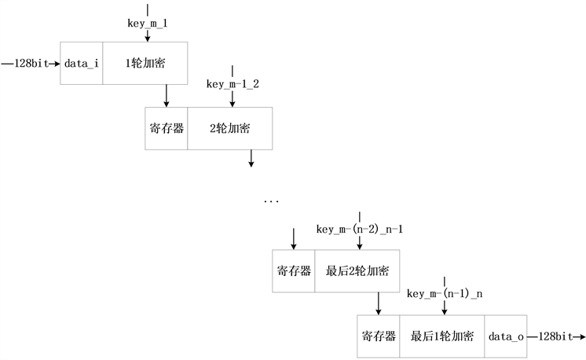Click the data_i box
click(x=82, y=63)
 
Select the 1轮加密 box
click(x=145, y=63)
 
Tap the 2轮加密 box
click(x=229, y=127)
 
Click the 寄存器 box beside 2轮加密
click(x=167, y=127)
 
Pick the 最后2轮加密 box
click(x=357, y=271)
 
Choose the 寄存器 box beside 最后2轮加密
click(x=294, y=271)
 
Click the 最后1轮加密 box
click(x=441, y=336)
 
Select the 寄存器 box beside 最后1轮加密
click(x=378, y=336)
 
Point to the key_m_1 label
click(x=147, y=23)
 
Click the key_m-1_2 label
click(x=232, y=83)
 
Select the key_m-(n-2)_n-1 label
click(x=359, y=229)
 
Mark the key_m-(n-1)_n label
click(x=445, y=294)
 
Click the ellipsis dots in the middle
click(x=271, y=202)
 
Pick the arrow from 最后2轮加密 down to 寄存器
click(x=379, y=303)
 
